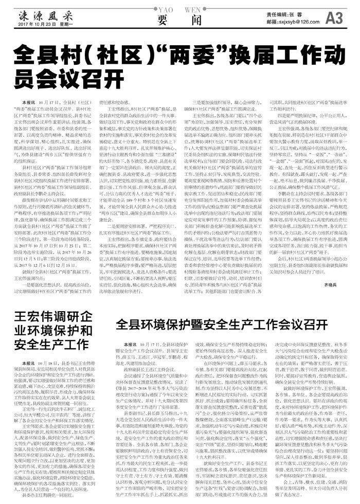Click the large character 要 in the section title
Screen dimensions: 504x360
pos(164,19)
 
